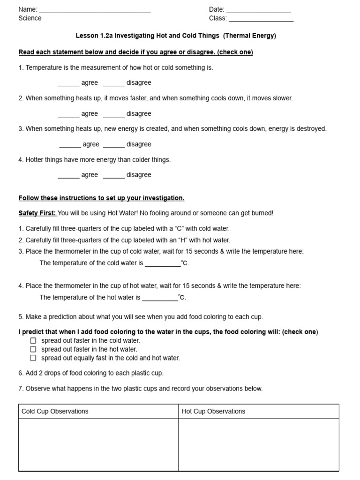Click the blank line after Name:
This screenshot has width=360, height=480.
pyautogui.click(x=95, y=11)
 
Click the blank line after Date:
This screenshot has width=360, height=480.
pyautogui.click(x=258, y=11)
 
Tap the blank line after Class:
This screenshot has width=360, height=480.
pyautogui.click(x=261, y=20)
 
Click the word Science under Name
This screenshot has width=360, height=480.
pyautogui.click(x=30, y=18)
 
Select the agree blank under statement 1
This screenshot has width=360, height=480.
pyautogui.click(x=68, y=84)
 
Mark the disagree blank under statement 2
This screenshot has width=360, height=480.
pyautogui.click(x=114, y=115)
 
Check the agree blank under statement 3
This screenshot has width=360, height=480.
pyautogui.click(x=70, y=145)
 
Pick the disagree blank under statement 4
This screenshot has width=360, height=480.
pyautogui.click(x=114, y=176)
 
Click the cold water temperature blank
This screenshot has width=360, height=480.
pyautogui.click(x=163, y=264)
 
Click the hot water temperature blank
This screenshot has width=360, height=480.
pyautogui.click(x=160, y=298)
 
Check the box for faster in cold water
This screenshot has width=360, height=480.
pyautogui.click(x=33, y=341)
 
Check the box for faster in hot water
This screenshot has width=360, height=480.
pyautogui.click(x=33, y=349)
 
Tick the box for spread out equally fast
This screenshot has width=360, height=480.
pyautogui.click(x=33, y=358)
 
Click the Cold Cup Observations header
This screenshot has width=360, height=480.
pyautogui.click(x=55, y=412)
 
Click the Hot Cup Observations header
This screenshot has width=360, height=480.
pyautogui.click(x=213, y=412)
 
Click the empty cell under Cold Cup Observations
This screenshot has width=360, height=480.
pyautogui.click(x=98, y=444)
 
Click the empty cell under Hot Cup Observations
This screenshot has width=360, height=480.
pyautogui.click(x=258, y=444)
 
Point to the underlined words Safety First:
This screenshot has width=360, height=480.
pyautogui.click(x=37, y=213)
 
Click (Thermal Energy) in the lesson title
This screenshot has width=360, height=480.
pyautogui.click(x=249, y=36)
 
